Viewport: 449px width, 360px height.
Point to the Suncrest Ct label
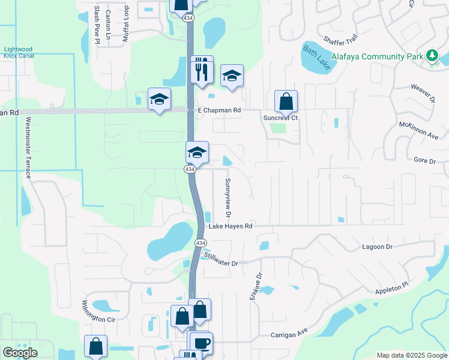(x=281, y=118)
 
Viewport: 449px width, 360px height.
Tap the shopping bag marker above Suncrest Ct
(x=286, y=101)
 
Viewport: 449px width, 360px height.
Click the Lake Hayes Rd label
(x=231, y=226)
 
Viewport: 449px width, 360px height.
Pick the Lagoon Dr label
(x=377, y=247)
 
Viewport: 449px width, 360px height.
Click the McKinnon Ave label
(x=418, y=130)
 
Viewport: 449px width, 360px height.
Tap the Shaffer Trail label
(x=340, y=39)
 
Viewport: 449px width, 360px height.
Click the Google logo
(x=20, y=353)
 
